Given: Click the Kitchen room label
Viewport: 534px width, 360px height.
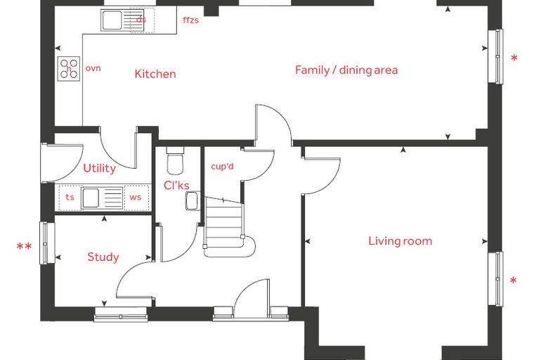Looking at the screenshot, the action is tap(155, 74).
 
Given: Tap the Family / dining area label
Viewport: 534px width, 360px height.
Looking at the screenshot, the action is tap(346, 70).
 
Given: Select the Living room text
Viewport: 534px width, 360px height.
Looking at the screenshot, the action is tap(400, 241).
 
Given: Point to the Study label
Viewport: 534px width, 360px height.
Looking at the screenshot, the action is tap(103, 257).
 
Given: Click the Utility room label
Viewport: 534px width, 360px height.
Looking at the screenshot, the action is tap(100, 169).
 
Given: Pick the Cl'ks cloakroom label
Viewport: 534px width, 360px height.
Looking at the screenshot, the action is tap(176, 186).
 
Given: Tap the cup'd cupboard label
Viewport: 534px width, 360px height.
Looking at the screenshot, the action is tap(223, 167).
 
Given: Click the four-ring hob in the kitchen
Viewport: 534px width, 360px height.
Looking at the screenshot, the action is tap(69, 68).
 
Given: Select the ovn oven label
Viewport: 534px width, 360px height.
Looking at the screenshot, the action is tap(93, 68).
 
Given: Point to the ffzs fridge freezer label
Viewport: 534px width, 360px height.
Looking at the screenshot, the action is tap(190, 20).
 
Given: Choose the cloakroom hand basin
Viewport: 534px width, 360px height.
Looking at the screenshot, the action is tap(193, 201).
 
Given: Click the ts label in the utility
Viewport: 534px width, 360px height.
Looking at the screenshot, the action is tap(70, 197).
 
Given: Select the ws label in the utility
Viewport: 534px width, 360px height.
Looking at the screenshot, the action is tap(135, 198).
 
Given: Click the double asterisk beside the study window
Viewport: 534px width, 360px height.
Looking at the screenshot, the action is tap(25, 247).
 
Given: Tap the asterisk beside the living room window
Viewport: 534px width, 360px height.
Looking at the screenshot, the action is tap(513, 281).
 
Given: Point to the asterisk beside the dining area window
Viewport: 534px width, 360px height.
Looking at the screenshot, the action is tap(514, 58).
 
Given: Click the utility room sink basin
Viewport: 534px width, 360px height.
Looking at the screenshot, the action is tap(91, 198).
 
